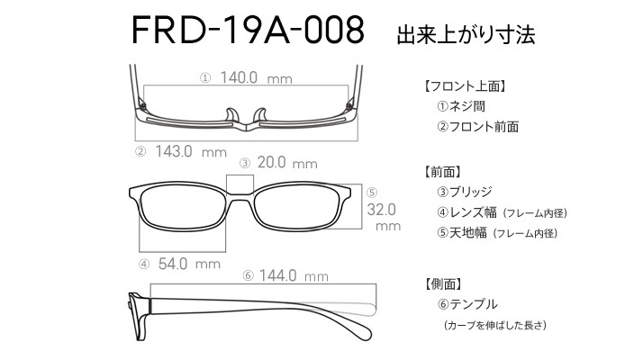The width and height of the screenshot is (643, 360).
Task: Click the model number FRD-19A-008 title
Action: tap(248, 30)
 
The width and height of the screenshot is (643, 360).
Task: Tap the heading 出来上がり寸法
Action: tap(466, 35)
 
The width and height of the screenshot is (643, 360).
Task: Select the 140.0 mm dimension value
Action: tap(257, 77)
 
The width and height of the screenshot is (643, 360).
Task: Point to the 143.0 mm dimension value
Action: tap(191, 152)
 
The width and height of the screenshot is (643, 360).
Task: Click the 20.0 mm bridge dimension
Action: tap(287, 163)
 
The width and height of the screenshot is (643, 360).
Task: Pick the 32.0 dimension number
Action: tap(381, 210)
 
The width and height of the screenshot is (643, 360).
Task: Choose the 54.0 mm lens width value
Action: tap(189, 264)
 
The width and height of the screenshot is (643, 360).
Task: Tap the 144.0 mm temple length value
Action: tap(294, 275)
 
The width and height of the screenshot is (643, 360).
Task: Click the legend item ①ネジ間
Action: tap(461, 106)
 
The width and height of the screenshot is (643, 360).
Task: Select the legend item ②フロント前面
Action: tap(477, 127)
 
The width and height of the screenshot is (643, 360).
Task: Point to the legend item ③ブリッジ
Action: tap(464, 192)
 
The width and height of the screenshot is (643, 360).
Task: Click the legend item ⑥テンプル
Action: tap(467, 304)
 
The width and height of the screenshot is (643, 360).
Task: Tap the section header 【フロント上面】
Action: tap(465, 86)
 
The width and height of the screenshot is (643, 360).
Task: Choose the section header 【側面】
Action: tap(443, 283)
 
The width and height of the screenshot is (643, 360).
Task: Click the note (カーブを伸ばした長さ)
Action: tap(495, 325)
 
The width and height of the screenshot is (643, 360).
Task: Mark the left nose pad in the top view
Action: tap(231, 114)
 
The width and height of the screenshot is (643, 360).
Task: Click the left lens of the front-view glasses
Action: tap(182, 208)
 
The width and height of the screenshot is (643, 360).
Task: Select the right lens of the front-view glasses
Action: tap(297, 208)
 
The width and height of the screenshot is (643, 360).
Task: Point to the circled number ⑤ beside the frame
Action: tap(372, 193)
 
